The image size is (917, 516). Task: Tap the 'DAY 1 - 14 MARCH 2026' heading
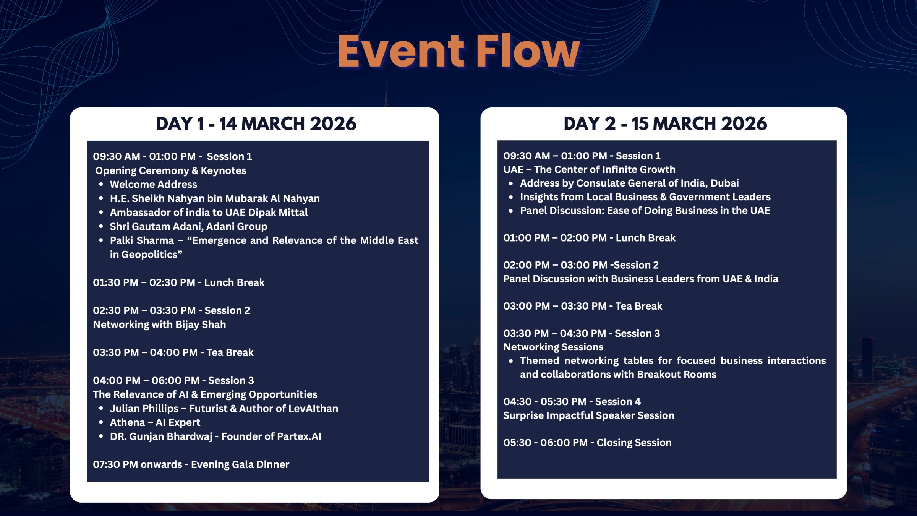click(256, 124)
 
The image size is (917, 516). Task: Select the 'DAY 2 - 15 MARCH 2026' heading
click(665, 124)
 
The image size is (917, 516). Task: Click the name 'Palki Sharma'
click(142, 240)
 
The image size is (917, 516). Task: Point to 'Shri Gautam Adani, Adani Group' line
click(188, 227)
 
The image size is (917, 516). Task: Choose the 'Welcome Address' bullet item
click(153, 185)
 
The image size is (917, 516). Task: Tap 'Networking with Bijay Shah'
click(159, 325)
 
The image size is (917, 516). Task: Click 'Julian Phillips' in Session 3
click(144, 409)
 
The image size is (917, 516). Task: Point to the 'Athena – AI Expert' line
click(155, 422)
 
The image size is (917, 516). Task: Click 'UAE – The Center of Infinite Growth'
click(589, 169)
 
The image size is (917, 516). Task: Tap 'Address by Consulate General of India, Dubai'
click(629, 183)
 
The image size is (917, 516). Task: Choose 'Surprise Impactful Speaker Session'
click(588, 415)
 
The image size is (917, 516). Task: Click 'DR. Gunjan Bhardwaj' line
click(215, 436)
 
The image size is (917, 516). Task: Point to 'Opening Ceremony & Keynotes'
click(170, 170)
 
